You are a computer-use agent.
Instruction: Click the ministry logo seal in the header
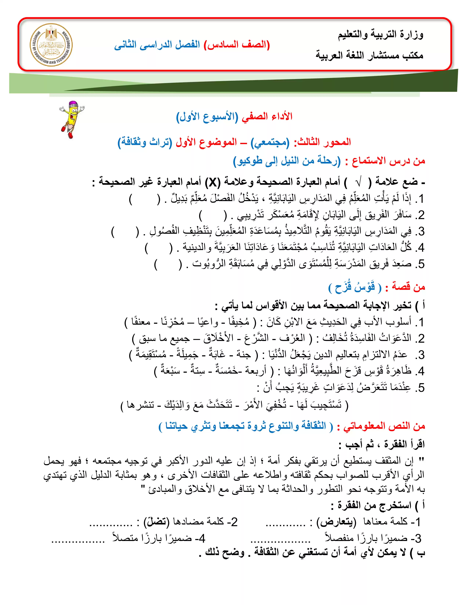click(x=51, y=44)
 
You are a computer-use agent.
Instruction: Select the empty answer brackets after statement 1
click(x=144, y=199)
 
